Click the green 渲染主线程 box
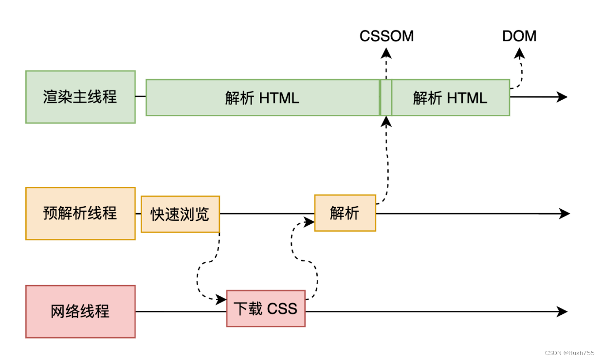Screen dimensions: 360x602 (80, 97)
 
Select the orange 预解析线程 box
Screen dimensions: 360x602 (80, 214)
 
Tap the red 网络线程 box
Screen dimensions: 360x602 (80, 311)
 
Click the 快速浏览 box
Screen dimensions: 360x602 (180, 214)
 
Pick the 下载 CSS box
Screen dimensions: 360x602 (266, 308)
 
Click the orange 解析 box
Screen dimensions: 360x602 (345, 213)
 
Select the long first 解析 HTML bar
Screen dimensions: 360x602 (262, 98)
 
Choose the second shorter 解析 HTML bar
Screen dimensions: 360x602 (450, 98)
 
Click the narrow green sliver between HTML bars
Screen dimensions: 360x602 (385, 98)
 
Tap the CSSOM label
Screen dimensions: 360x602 (386, 36)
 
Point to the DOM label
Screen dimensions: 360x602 (519, 36)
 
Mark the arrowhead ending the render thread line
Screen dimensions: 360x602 (563, 97)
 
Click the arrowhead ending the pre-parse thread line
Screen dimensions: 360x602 (565, 214)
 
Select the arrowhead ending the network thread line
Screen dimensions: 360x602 (563, 311)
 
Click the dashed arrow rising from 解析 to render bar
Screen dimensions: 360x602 (387, 161)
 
